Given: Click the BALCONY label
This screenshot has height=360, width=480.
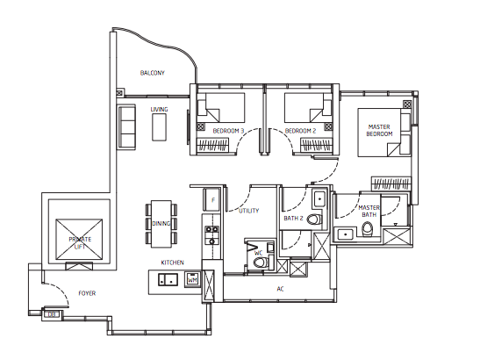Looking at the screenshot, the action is tap(152, 73).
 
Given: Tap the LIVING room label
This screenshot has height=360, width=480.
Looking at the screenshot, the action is tap(159, 110).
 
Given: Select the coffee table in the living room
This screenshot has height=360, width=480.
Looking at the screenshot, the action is tap(159, 127).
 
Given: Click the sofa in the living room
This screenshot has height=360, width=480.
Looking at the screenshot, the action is tap(126, 126).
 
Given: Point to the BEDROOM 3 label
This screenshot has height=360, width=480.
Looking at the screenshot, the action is tap(228, 131).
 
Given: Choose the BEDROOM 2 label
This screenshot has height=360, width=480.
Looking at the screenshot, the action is tap(300, 131).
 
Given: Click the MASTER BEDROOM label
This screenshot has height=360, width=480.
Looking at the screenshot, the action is tap(379, 130).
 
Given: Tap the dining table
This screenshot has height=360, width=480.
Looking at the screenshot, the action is tap(161, 224).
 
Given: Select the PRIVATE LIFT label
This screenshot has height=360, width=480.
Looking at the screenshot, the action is tap(80, 242).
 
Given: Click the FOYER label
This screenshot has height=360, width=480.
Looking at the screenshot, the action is tap(87, 293).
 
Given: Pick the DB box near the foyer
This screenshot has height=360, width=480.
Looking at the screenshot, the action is tap(52, 314).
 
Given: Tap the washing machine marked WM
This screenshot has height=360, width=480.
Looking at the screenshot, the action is tap(192, 279).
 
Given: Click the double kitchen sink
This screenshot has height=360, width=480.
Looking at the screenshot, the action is tap(168, 279).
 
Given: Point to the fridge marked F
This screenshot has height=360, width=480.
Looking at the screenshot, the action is tap(212, 199).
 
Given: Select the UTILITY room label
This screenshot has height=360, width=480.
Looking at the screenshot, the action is tap(248, 211).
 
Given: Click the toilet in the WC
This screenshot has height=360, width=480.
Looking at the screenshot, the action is tap(261, 262).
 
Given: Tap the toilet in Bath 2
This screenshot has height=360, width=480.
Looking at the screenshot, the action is tap(314, 220).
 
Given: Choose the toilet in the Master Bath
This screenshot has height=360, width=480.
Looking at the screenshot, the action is tap(368, 229).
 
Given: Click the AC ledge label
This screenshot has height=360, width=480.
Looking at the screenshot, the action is tap(280, 289).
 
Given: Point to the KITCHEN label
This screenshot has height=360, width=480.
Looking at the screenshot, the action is tap(172, 263).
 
